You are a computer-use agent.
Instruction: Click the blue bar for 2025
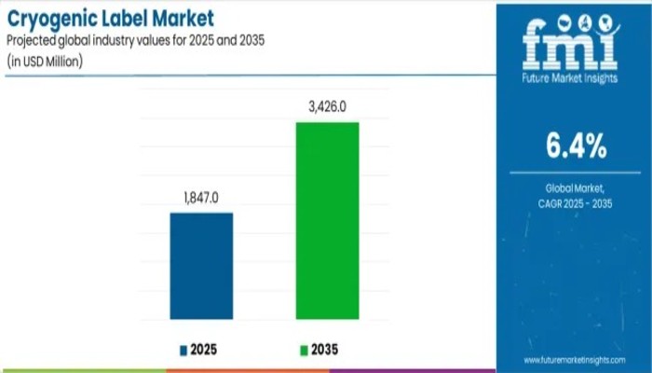tap(200, 266)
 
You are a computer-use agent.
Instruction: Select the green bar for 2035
tap(327, 220)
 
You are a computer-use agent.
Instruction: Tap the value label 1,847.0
tap(200, 198)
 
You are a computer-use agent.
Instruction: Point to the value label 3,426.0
tap(327, 107)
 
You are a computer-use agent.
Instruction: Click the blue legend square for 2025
tap(183, 350)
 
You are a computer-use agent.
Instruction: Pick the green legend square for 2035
tap(303, 350)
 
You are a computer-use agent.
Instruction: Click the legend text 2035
tap(325, 350)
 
